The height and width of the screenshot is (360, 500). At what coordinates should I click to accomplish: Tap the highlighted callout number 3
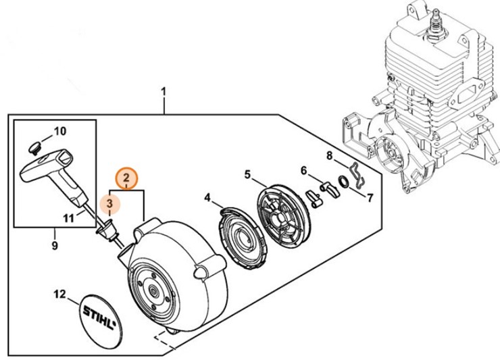click(109, 203)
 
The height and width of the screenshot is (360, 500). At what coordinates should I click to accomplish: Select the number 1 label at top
click(164, 90)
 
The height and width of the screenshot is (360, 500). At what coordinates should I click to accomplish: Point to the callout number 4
click(208, 198)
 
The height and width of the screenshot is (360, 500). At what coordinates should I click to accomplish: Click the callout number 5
click(248, 175)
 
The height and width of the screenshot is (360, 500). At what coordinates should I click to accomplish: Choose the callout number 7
click(369, 198)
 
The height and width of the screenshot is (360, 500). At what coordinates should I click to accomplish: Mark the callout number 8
click(329, 157)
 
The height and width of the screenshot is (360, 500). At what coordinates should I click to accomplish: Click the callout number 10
click(59, 130)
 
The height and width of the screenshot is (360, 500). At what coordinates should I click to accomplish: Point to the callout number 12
click(60, 294)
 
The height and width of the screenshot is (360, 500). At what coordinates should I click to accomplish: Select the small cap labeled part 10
click(36, 145)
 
